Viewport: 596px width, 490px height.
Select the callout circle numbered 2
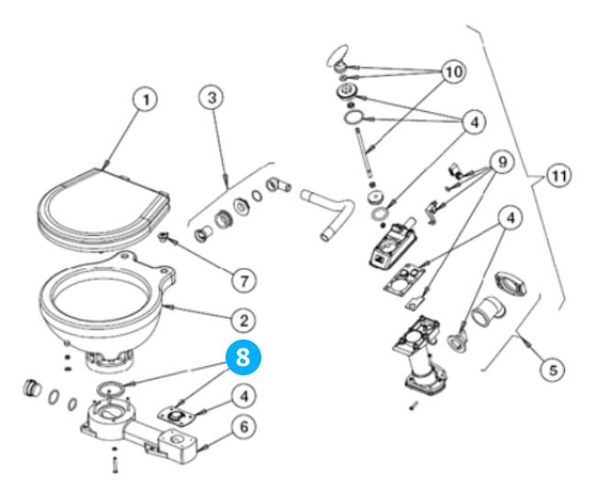242,319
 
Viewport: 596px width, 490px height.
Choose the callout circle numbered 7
242,276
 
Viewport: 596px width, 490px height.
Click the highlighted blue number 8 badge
242,359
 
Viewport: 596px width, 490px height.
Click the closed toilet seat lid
101,204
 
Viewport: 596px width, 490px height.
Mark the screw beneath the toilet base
115,464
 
